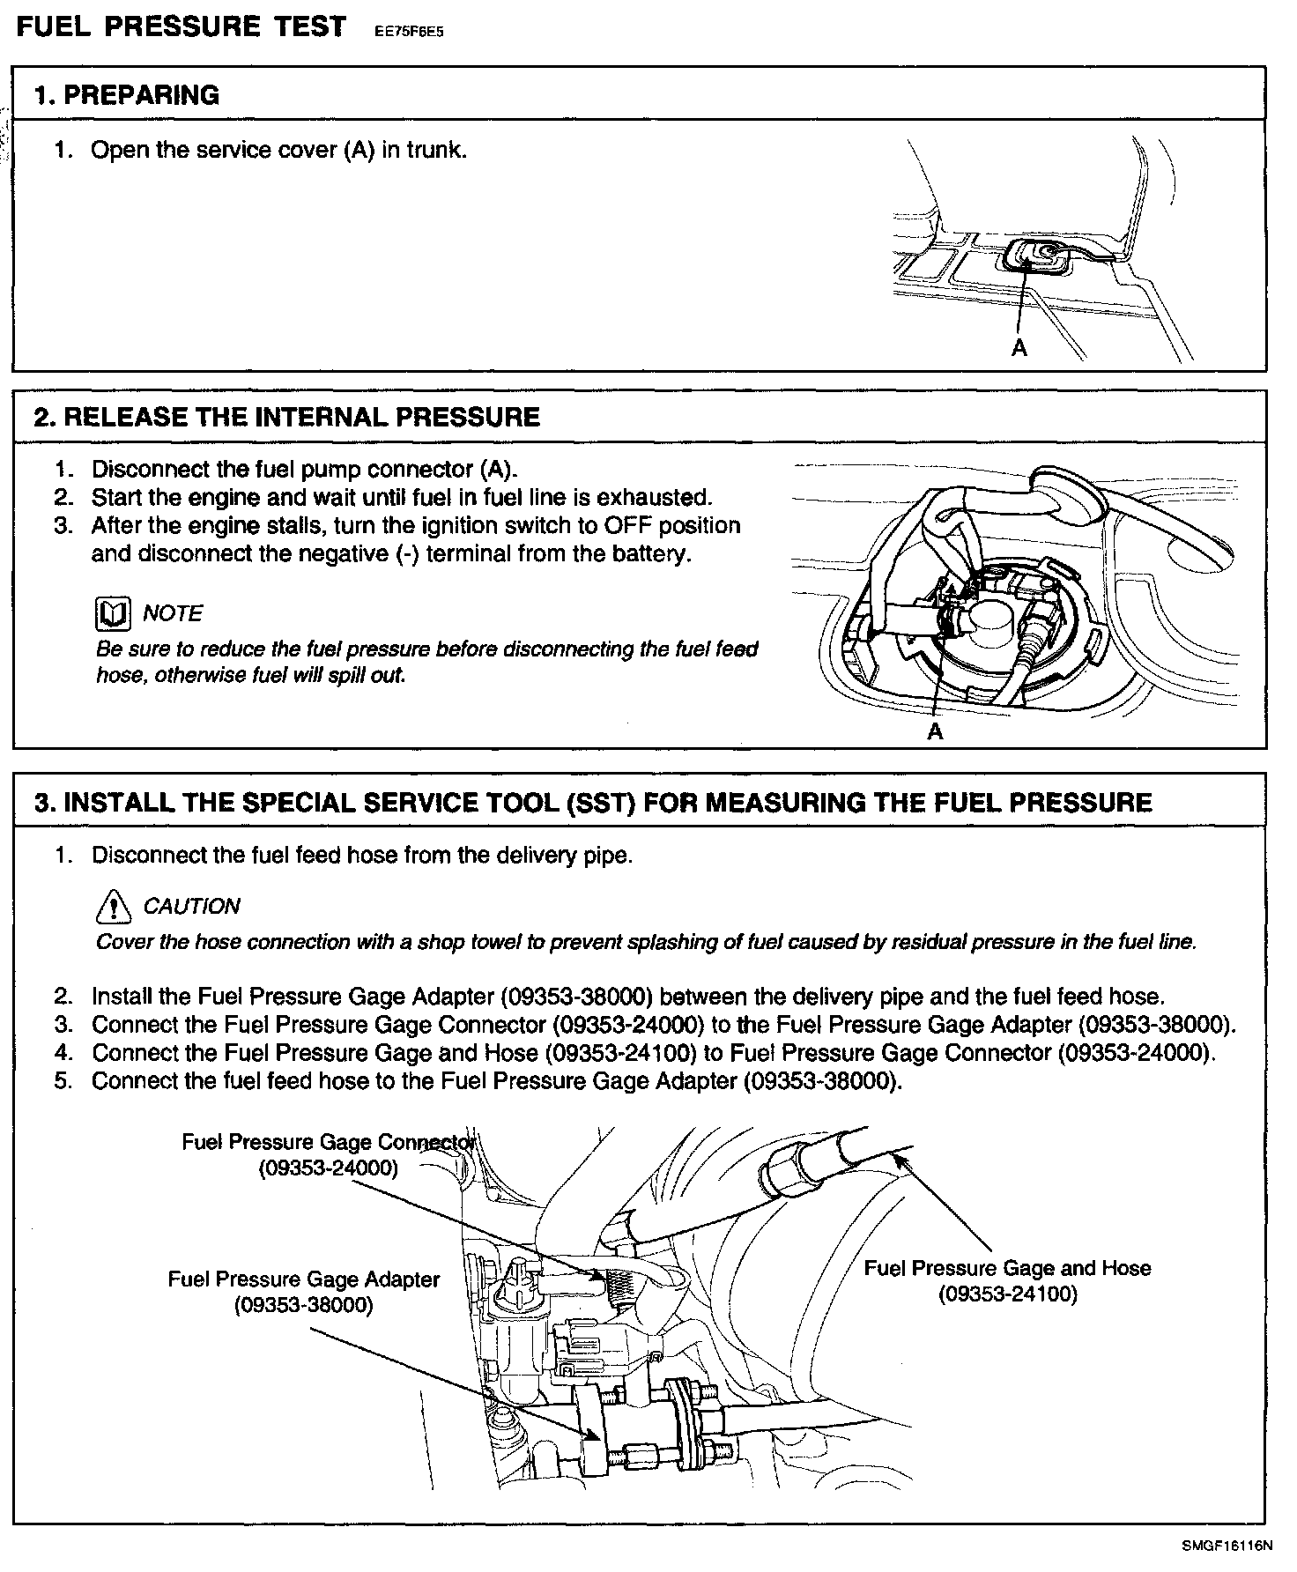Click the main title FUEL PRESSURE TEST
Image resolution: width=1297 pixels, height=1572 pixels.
182,26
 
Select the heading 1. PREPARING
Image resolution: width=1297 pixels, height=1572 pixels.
126,94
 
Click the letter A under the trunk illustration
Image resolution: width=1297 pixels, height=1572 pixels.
1019,349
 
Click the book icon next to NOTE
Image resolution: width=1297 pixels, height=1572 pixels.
112,614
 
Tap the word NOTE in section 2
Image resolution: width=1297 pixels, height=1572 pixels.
173,613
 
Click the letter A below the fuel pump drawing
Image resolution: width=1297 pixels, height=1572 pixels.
935,731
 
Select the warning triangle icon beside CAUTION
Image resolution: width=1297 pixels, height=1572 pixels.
112,906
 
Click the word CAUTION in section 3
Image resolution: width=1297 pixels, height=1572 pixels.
191,906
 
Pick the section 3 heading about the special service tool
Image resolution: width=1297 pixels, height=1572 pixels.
592,803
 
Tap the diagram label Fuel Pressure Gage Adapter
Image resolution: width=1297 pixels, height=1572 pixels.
303,1279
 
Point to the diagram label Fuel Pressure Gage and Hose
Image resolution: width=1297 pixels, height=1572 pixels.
1007,1268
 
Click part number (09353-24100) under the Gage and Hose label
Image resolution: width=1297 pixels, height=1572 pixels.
1007,1294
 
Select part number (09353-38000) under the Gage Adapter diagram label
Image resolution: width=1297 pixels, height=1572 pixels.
303,1305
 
